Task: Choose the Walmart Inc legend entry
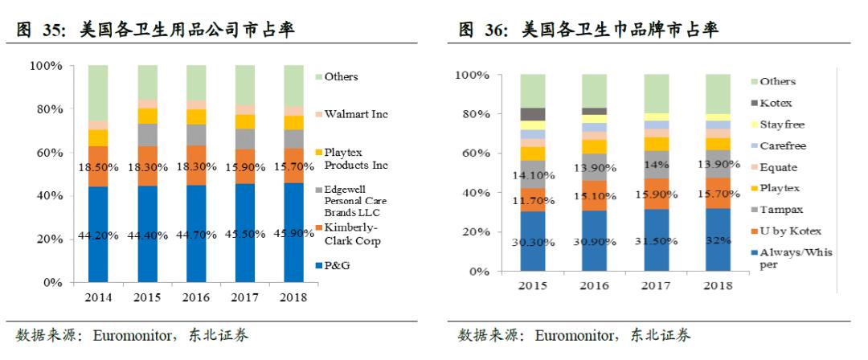(355, 114)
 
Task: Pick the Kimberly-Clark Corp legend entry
(354, 234)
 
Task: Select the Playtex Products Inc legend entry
(354, 158)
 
